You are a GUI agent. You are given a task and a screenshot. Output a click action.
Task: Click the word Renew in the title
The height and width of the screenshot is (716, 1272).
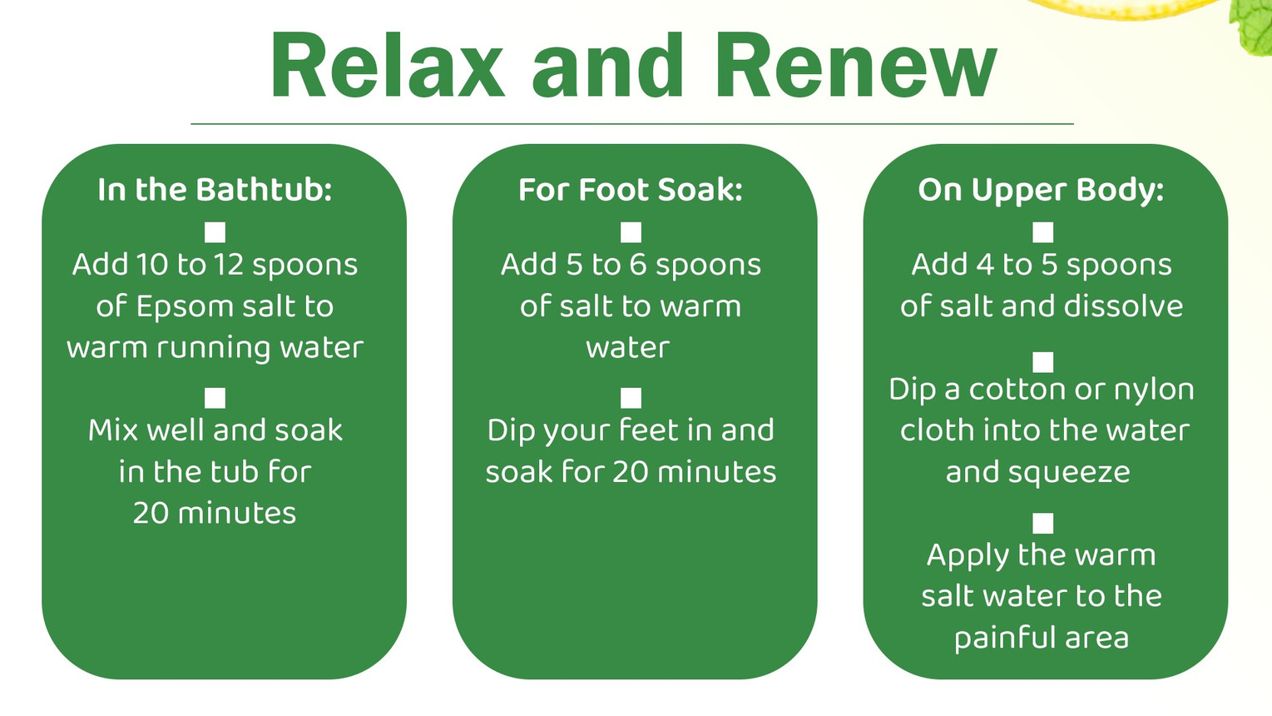[x=856, y=65]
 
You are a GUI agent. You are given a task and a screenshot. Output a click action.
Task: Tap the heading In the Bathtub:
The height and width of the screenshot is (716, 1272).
[x=215, y=189]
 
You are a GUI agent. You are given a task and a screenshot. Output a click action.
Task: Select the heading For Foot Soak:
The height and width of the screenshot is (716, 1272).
[x=631, y=189]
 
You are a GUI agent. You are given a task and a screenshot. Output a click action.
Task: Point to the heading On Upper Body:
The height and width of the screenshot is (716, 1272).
[x=1041, y=191]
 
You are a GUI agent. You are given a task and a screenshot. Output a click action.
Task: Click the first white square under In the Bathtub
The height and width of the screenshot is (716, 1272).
[x=215, y=232]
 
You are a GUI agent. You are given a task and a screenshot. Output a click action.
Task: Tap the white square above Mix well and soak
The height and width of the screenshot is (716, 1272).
[x=215, y=398]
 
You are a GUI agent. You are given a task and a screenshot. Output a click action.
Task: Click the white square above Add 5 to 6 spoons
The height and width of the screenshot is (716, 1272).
[x=631, y=232]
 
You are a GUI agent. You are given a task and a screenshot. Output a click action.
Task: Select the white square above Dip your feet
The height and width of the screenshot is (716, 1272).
[x=631, y=398]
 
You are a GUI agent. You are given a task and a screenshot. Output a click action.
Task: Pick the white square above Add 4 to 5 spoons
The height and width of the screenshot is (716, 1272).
[x=1042, y=232]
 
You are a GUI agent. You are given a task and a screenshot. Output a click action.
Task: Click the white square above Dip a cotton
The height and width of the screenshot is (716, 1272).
[x=1042, y=362]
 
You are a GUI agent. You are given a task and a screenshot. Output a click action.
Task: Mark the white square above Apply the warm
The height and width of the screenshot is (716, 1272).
[x=1042, y=523]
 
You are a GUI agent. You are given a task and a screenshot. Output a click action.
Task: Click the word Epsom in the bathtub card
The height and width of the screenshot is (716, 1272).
[x=186, y=307]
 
